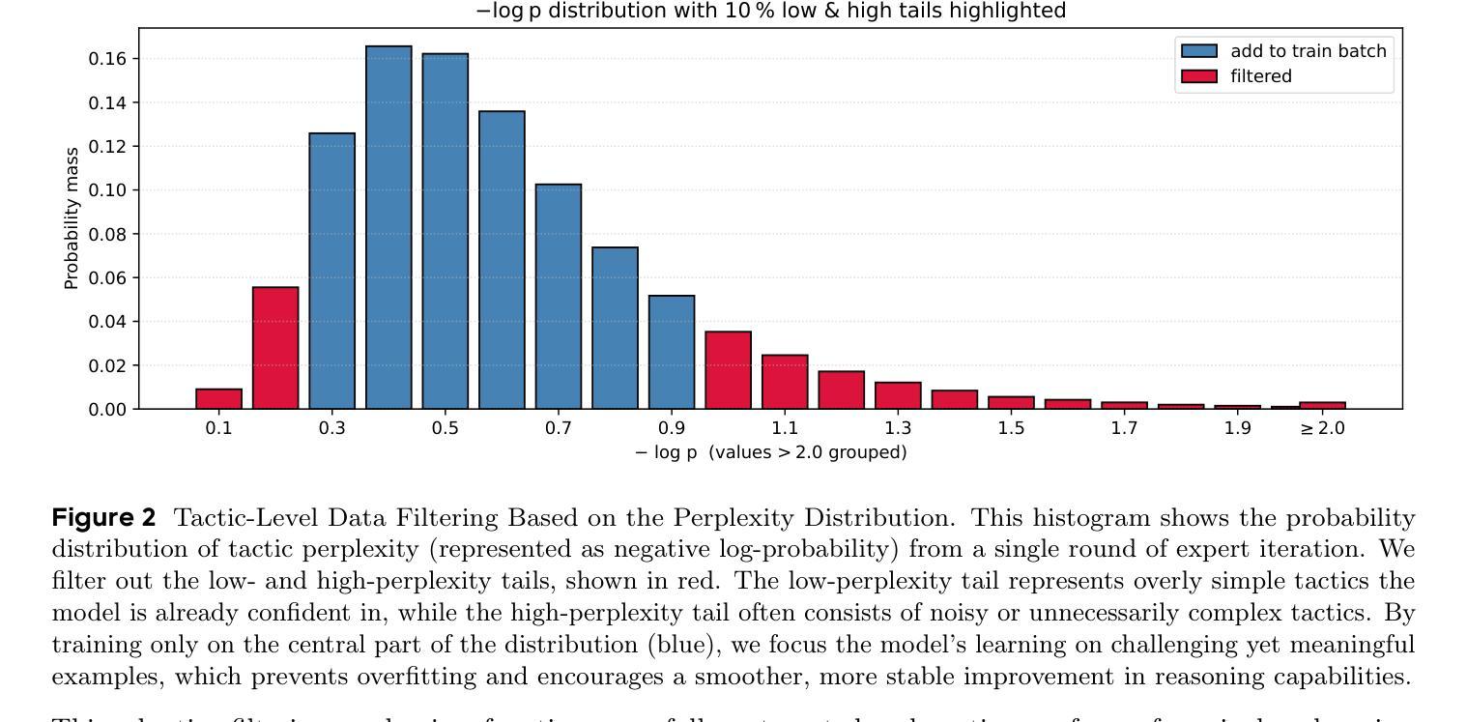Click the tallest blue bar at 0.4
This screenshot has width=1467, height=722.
coord(388,227)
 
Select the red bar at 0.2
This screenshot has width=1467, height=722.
coord(275,348)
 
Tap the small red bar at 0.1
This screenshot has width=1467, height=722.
coord(218,399)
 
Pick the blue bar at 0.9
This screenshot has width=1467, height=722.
coord(671,352)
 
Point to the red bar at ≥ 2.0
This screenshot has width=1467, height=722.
coord(1322,405)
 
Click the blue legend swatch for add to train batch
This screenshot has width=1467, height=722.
coord(1198,51)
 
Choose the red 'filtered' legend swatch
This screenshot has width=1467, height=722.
coord(1198,76)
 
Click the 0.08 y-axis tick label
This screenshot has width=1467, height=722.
coord(107,234)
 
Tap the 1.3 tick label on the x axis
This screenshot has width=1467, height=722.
coord(898,428)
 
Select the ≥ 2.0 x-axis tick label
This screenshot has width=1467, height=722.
coord(1322,428)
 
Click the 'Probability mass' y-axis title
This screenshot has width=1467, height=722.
coord(71,218)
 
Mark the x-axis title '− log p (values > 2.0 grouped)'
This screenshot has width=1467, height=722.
coord(770,452)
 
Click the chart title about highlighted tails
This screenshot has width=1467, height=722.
coord(770,11)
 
